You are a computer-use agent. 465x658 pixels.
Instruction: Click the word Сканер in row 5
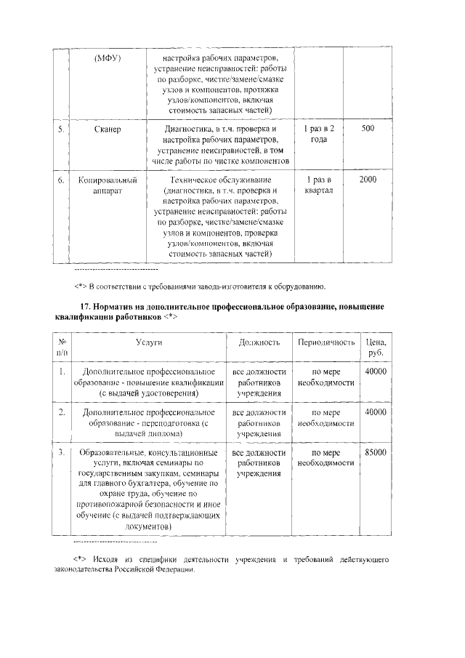tap(107, 129)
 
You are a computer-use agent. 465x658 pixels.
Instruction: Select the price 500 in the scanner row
tap(368, 129)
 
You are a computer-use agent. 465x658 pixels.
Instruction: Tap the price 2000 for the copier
tap(368, 180)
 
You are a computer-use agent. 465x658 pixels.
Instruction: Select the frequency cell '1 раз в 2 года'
tap(318, 134)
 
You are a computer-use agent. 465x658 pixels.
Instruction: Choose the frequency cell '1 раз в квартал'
tap(318, 185)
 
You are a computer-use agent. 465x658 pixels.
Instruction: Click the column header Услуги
tap(147, 341)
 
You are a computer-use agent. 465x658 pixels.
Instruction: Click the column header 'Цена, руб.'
tap(376, 346)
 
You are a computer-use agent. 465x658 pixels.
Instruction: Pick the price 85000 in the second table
tap(376, 452)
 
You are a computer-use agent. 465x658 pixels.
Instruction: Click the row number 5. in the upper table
tap(62, 129)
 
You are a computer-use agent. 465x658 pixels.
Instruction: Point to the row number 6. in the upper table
tap(62, 180)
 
